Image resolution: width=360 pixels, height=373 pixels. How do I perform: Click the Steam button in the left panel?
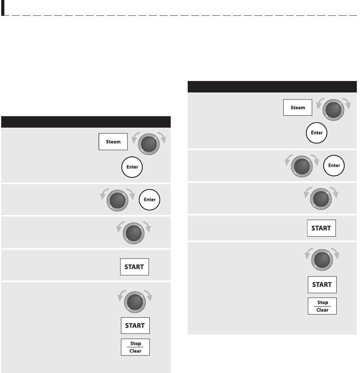tap(113, 142)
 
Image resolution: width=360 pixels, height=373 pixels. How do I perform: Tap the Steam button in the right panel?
tap(298, 107)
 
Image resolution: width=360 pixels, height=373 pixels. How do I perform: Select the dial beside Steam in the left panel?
tap(149, 144)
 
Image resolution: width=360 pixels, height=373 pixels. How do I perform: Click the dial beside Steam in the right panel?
tap(334, 110)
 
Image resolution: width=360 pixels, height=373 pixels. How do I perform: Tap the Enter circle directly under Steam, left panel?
tap(132, 167)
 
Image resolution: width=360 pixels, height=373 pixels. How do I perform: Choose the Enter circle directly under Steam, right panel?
tap(317, 133)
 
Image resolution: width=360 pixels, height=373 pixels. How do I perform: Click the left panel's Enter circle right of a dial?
tap(149, 200)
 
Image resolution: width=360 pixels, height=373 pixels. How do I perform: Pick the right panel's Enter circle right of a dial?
tap(334, 165)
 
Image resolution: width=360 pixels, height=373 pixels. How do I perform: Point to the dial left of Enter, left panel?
tap(117, 200)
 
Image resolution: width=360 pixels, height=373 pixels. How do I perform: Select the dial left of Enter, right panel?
tap(302, 166)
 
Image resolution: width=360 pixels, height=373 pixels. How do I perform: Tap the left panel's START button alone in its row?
tap(134, 267)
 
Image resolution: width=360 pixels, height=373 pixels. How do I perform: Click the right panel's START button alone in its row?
tap(321, 228)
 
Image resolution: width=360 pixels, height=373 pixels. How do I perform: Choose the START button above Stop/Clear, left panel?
tap(135, 326)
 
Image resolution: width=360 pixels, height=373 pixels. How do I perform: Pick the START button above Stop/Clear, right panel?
tap(322, 285)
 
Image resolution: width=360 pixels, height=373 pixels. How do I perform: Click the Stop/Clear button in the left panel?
tap(135, 347)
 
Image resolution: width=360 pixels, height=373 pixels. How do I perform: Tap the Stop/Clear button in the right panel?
tap(322, 306)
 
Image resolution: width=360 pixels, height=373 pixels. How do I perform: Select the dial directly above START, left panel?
tap(135, 302)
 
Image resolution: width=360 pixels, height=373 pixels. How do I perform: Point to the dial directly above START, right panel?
tap(322, 260)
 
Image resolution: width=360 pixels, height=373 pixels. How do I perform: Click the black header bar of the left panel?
tap(86, 122)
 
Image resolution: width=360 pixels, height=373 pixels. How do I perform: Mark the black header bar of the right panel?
tap(272, 87)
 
